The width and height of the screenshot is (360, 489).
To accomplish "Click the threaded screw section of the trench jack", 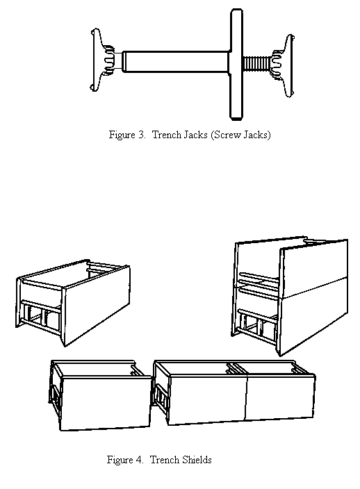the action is tap(257, 64).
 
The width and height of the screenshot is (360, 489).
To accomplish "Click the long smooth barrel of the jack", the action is tap(175, 61).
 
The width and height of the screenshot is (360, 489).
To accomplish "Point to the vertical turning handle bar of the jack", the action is tap(236, 64).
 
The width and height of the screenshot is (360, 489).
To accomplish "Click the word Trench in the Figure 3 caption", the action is tap(167, 135).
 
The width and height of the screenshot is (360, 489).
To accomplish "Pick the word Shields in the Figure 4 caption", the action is tap(197, 460).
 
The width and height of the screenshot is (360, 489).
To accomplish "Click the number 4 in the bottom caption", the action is tap(139, 460).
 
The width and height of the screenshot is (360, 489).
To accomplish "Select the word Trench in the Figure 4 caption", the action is tap(165, 460).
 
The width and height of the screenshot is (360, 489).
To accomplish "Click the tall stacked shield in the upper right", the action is tap(290, 297).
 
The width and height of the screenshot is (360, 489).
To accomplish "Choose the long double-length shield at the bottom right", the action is tap(234, 393).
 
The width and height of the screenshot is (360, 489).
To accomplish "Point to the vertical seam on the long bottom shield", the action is tap(247, 397).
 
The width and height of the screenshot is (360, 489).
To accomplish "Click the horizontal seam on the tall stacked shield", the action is tap(314, 287).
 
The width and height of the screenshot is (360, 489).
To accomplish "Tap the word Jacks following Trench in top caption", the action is tap(195, 135).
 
